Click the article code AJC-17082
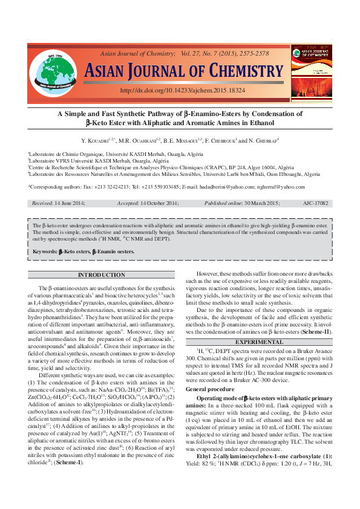[x=315, y=204]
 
